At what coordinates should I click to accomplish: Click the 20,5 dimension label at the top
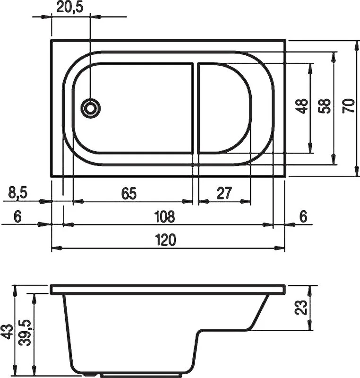(x=70, y=7)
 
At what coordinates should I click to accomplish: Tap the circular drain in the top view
(x=90, y=108)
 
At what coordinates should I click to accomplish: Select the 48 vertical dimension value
(x=302, y=106)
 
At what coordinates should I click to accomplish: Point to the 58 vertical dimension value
(x=325, y=106)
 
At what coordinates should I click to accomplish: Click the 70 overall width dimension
(x=349, y=106)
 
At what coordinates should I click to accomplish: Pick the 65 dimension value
(x=129, y=193)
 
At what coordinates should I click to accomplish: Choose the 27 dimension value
(x=224, y=193)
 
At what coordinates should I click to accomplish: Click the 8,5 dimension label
(x=18, y=193)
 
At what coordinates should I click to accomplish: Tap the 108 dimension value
(x=164, y=216)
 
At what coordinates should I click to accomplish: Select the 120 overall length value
(x=165, y=240)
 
